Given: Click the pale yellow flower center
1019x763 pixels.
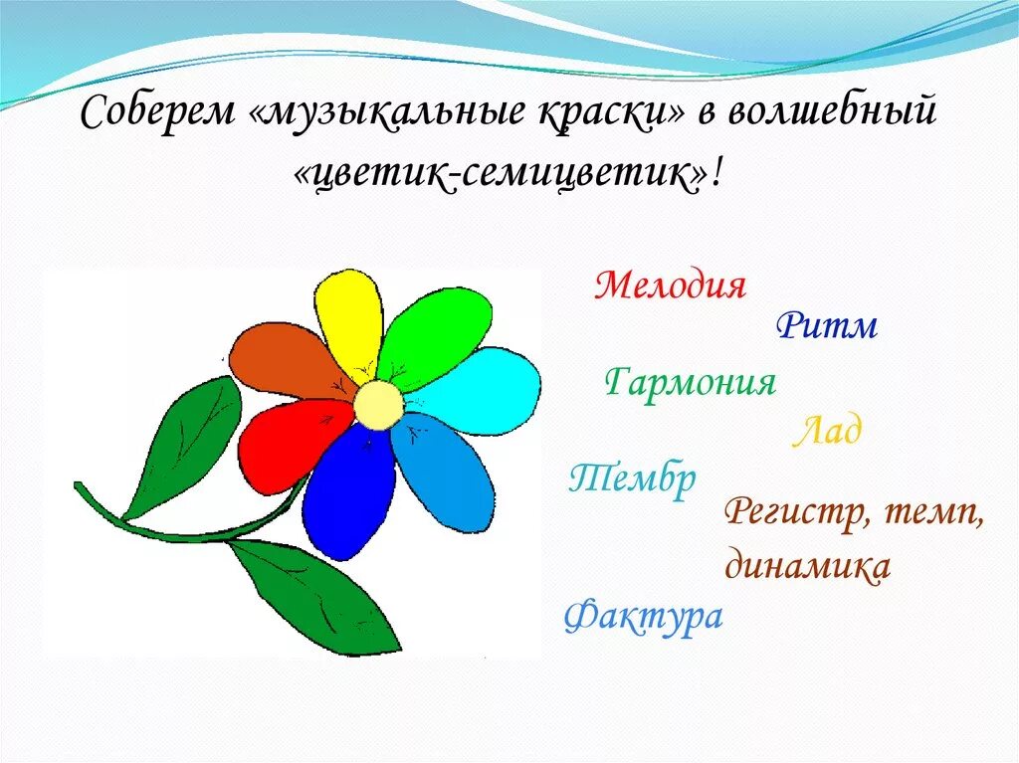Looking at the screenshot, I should [378, 404].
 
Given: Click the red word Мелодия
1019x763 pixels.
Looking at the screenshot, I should [670, 286].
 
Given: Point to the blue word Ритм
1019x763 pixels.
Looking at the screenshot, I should [827, 325].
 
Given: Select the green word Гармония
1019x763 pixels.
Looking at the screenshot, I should [690, 382].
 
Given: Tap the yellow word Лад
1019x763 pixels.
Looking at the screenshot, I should [827, 432].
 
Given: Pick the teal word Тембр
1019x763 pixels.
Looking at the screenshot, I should [633, 480].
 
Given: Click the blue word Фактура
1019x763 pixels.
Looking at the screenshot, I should [643, 617].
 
